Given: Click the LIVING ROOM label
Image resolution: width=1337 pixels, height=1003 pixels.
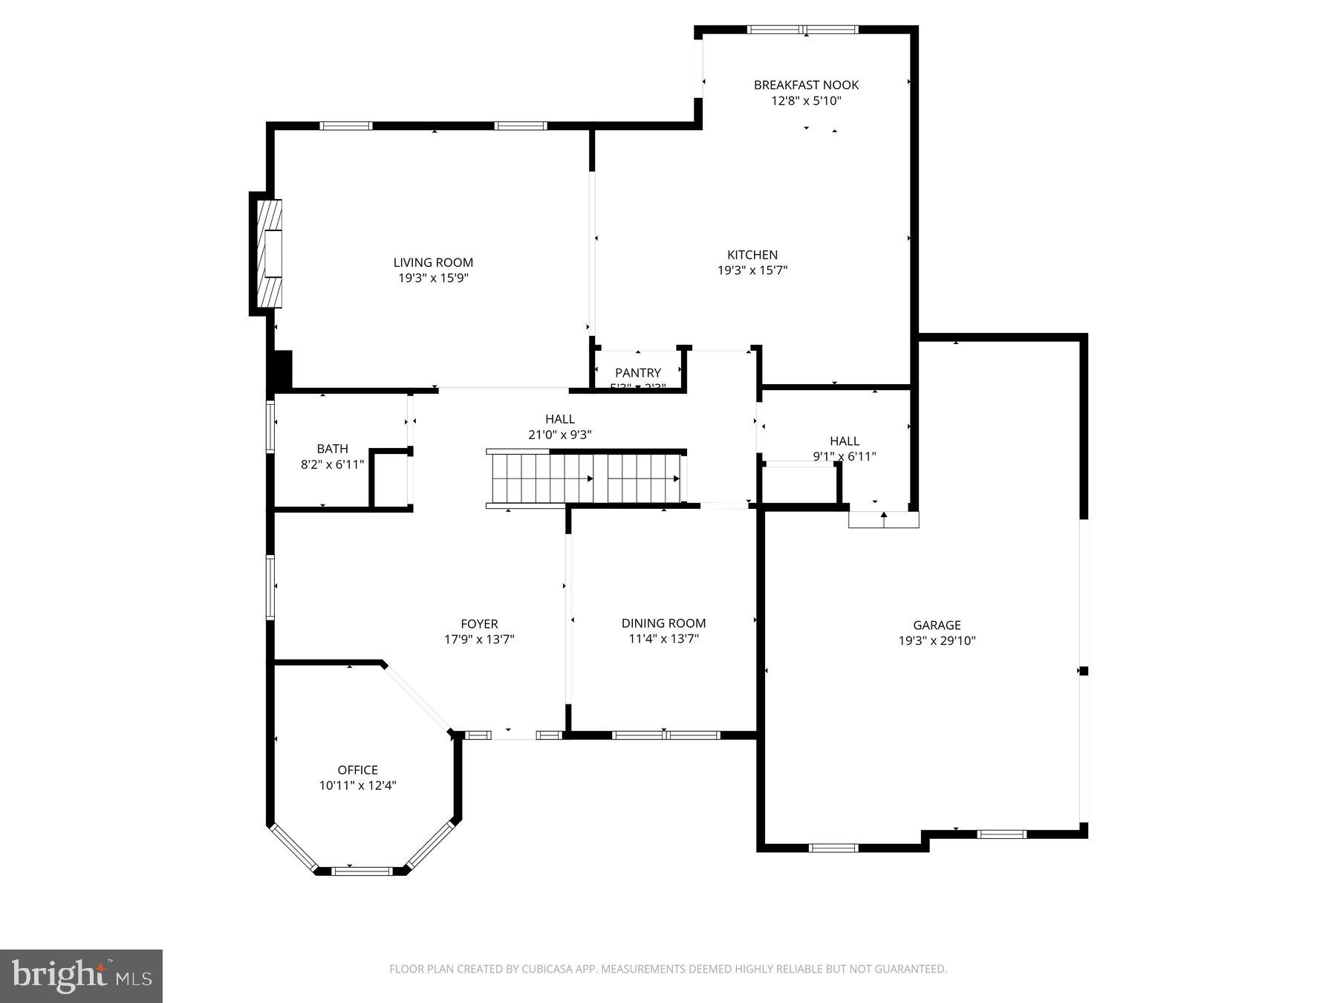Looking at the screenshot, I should click(433, 262).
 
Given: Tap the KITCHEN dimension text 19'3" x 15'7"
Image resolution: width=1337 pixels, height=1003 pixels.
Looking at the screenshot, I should click(752, 270).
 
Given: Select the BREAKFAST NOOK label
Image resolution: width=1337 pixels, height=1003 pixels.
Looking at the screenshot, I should click(806, 85).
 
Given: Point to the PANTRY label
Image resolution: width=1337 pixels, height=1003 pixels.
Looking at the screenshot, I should click(637, 372).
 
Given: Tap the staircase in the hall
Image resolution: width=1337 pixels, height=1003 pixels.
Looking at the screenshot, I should click(585, 478).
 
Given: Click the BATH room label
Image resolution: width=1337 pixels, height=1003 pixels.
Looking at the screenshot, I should click(332, 449).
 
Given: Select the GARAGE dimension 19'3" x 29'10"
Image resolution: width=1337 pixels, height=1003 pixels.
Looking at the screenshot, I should click(936, 640).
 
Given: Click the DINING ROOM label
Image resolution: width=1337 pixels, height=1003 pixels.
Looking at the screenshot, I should click(663, 623).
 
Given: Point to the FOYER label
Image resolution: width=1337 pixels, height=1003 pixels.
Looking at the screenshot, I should click(479, 624).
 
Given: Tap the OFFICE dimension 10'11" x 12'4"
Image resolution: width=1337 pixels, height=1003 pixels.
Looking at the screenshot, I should click(357, 785).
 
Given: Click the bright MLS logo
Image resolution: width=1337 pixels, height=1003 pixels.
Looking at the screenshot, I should click(81, 976).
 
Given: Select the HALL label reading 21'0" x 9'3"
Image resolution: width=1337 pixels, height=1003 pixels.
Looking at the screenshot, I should click(559, 435).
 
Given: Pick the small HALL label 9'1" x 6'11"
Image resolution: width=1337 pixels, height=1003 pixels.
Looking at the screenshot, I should click(845, 456).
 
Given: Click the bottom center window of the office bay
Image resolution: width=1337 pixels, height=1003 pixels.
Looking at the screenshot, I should click(361, 871).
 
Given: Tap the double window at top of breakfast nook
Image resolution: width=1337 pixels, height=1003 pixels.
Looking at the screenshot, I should click(803, 30).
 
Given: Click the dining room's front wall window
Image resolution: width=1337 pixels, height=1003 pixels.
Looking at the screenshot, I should click(666, 736).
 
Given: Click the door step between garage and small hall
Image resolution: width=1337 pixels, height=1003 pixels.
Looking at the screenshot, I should click(883, 519).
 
